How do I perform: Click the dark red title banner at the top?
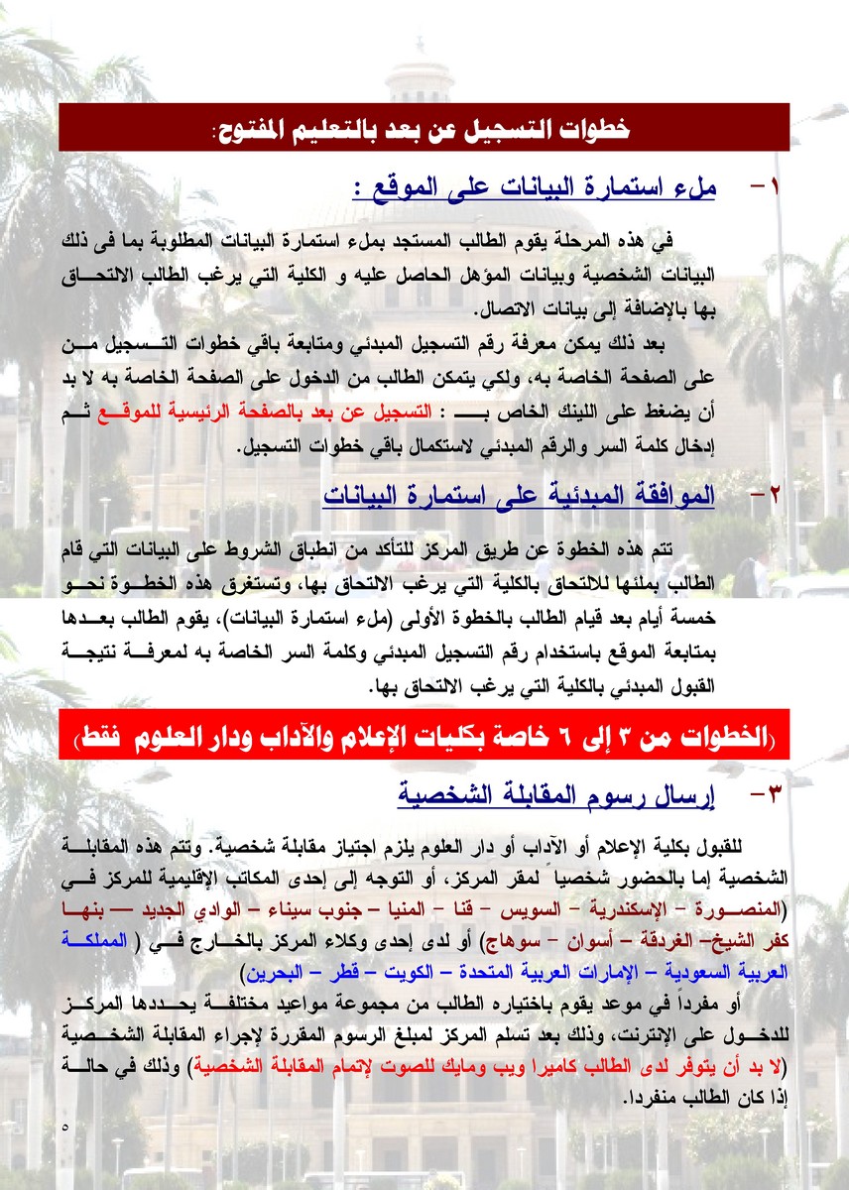[x=424, y=128]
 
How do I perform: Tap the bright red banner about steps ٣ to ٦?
[x=424, y=735]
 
